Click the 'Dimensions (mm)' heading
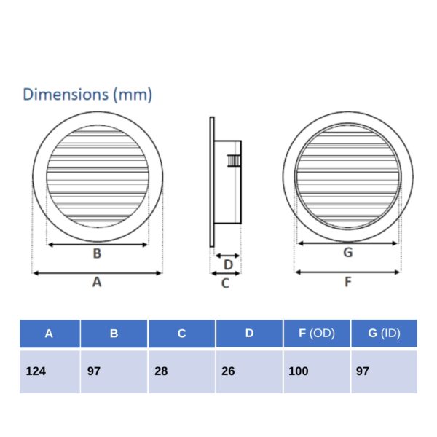pos(87,95)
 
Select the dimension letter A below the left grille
pos(97,283)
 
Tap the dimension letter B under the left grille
pos(97,254)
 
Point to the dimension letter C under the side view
pos(225,283)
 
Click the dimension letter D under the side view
pos(228,264)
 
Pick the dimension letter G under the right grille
pos(347,253)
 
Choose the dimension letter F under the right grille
pos(347,283)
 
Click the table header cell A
pos(49,334)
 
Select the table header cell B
pos(114,334)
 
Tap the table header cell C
pos(181,334)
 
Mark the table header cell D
pos(249,334)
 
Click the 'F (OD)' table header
pos(316,334)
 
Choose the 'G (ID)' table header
pos(384,334)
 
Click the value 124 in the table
pos(36,371)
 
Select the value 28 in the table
pos(162,371)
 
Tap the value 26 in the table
pos(229,371)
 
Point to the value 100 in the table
pos(299,371)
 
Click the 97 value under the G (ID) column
pos(363,371)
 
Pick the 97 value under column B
pos(94,371)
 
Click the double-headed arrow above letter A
pos(97,273)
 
